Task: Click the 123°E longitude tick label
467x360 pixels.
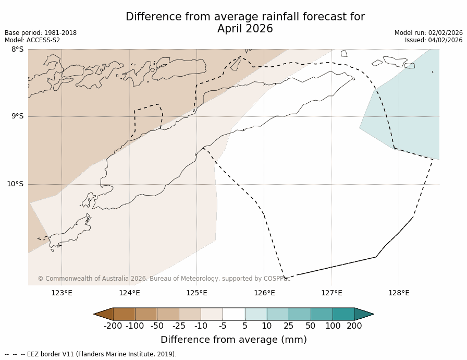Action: pyautogui.click(x=62, y=293)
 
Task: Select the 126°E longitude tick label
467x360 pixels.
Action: pyautogui.click(x=264, y=293)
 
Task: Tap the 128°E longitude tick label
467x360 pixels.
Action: pyautogui.click(x=399, y=293)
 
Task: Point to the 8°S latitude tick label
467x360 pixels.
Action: pyautogui.click(x=17, y=49)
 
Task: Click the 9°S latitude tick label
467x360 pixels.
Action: pyautogui.click(x=17, y=116)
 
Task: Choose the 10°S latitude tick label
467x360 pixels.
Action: pyautogui.click(x=15, y=184)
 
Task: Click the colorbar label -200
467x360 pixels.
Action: pyautogui.click(x=113, y=326)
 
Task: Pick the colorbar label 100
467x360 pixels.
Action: pyautogui.click(x=332, y=326)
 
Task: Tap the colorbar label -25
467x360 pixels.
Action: pyautogui.click(x=179, y=326)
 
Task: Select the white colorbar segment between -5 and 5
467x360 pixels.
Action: pyautogui.click(x=233, y=314)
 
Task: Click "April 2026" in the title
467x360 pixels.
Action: pyautogui.click(x=245, y=29)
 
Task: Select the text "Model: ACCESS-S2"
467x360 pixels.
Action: pyautogui.click(x=32, y=40)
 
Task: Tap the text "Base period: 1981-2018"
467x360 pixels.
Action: pyautogui.click(x=41, y=33)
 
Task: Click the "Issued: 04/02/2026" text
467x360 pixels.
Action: pyautogui.click(x=434, y=40)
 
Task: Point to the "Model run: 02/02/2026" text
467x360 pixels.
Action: pyautogui.click(x=428, y=33)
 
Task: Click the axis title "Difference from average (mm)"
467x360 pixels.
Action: pyautogui.click(x=233, y=340)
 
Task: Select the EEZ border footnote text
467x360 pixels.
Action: pyautogui.click(x=91, y=354)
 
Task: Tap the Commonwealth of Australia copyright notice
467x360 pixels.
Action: pyautogui.click(x=164, y=279)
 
